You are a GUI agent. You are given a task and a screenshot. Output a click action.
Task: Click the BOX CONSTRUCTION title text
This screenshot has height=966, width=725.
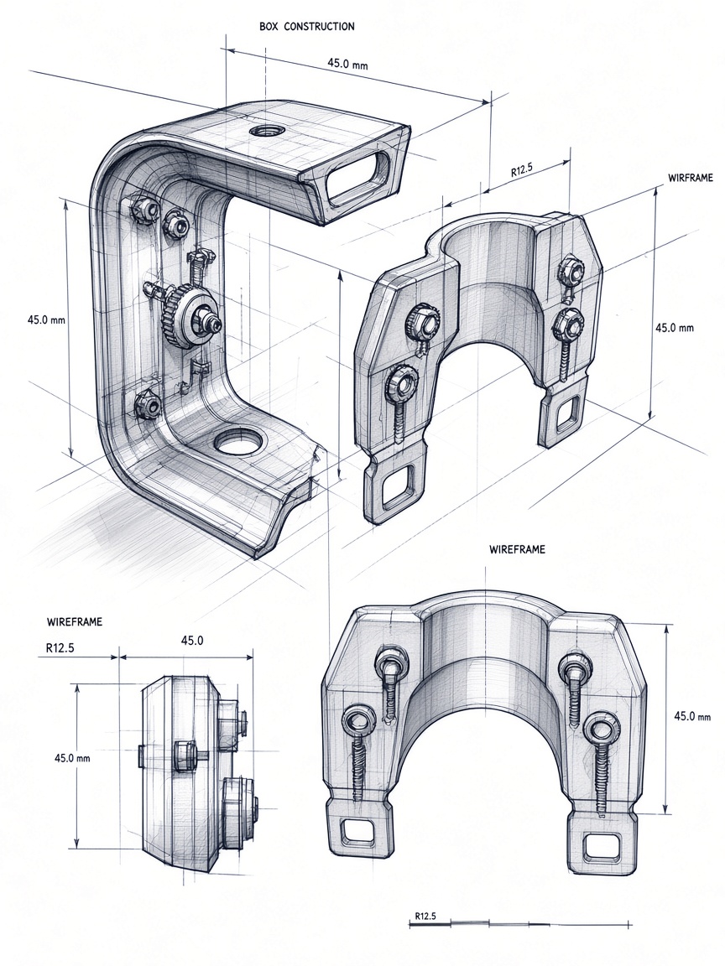[x=307, y=27]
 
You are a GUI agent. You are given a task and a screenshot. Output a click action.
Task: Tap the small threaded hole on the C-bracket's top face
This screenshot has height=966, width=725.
[x=265, y=131]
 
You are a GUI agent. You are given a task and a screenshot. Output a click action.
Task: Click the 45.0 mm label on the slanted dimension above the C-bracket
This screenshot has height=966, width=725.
[x=347, y=63]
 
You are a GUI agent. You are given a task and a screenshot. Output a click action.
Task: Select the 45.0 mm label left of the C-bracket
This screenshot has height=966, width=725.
[x=46, y=319]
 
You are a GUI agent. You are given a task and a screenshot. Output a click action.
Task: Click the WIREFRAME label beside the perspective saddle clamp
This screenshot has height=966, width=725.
[x=690, y=178]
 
